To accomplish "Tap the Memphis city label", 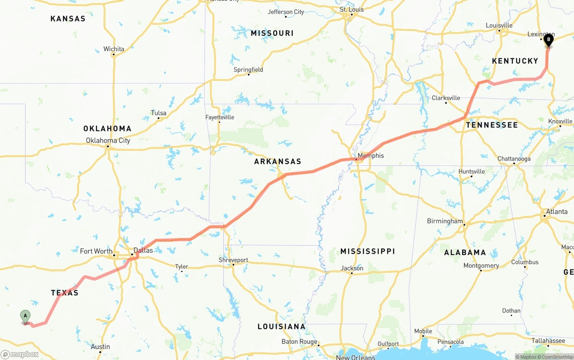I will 371,156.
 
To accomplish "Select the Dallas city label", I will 143,250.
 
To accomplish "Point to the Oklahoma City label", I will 108,140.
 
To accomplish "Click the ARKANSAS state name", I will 278,161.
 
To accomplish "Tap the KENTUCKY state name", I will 515,61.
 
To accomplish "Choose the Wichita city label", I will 114,49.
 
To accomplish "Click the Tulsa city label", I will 159,113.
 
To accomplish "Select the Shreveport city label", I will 233,260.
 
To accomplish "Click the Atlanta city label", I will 557,212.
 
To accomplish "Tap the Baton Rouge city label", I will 299,342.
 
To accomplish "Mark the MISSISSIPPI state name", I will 367,252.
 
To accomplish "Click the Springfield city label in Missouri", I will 248,69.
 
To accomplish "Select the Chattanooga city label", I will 514,159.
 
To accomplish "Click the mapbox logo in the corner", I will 20,354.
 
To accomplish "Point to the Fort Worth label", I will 96,251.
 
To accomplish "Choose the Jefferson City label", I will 286,12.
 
